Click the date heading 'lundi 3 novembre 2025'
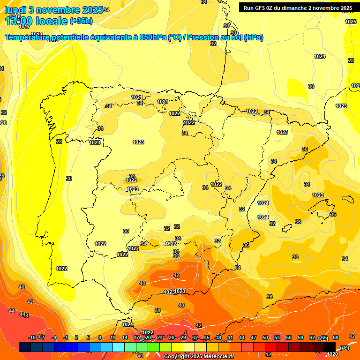pyautogui.click(x=53, y=10)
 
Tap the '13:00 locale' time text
pyautogui.click(x=36, y=21)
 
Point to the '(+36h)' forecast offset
pyautogui.click(x=81, y=21)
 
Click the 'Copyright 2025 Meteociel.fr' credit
pyautogui.click(x=199, y=357)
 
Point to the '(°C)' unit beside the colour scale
pyautogui.click(x=344, y=348)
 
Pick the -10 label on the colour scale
pyautogui.click(x=32, y=338)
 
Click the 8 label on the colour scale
pyautogui.click(x=100, y=338)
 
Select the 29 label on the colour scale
pyautogui.click(x=183, y=338)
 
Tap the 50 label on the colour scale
pyautogui.click(x=265, y=338)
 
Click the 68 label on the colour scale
pyautogui.click(x=336, y=338)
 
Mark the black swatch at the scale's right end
pyautogui.click(x=330, y=347)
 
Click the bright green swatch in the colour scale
pyautogui.click(x=142, y=347)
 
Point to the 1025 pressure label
pyautogui.click(x=351, y=22)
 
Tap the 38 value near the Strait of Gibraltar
pyautogui.click(x=157, y=310)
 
